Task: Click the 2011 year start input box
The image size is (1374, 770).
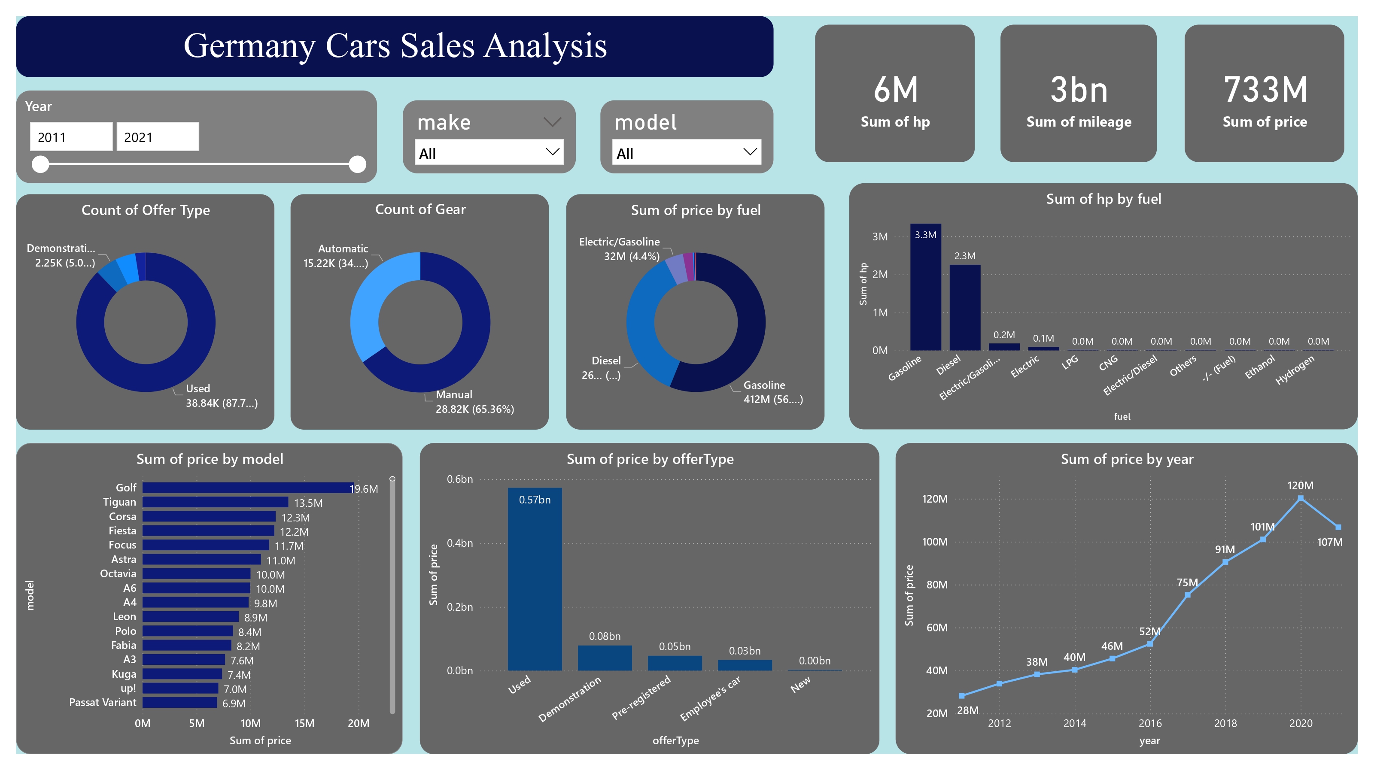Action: click(x=71, y=137)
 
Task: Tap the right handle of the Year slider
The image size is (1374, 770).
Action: click(x=357, y=164)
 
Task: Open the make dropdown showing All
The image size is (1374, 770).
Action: click(x=489, y=153)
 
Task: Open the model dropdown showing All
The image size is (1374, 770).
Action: click(x=686, y=153)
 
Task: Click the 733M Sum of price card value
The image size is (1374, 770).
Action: click(x=1265, y=90)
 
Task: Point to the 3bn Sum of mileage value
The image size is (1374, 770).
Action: click(x=1079, y=90)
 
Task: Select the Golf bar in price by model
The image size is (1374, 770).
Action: click(x=247, y=488)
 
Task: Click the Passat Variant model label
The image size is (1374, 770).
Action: click(x=103, y=702)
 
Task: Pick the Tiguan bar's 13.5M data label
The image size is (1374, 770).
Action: click(x=308, y=503)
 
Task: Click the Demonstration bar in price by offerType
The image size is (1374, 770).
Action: click(x=604, y=658)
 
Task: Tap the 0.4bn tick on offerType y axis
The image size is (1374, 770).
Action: click(x=459, y=543)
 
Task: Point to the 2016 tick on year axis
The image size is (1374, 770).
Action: click(x=1149, y=723)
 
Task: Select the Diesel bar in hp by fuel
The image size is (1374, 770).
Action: click(x=964, y=308)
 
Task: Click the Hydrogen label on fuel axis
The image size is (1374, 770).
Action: click(x=1295, y=370)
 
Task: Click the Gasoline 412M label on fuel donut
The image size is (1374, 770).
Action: click(x=772, y=392)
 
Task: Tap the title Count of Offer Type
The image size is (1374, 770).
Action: click(x=146, y=210)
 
